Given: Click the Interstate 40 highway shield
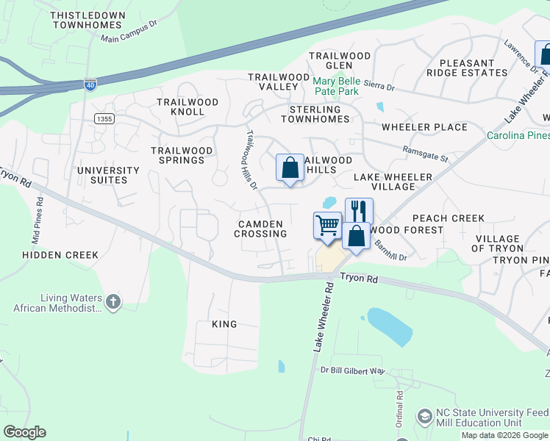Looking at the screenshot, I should click(x=90, y=85).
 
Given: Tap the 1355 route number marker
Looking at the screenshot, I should click(x=104, y=118).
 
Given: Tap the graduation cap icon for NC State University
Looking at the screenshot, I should click(x=424, y=417).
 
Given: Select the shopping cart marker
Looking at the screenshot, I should click(x=327, y=226).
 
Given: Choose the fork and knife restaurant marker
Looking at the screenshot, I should click(x=359, y=210).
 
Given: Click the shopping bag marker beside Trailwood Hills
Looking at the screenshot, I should click(x=290, y=168).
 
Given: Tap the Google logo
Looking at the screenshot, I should click(x=24, y=432).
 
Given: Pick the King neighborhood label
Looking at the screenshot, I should click(x=224, y=324).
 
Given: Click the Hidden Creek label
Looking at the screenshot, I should click(x=60, y=255).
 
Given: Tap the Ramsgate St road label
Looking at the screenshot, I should click(x=425, y=154).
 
